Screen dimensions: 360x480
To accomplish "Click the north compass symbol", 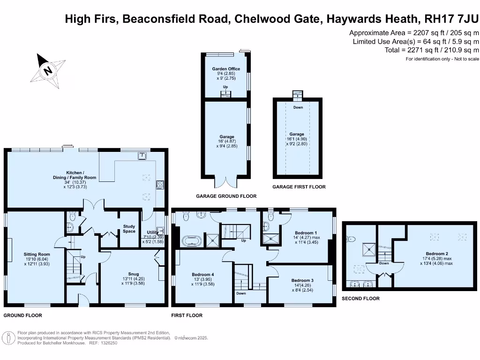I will click(48, 71).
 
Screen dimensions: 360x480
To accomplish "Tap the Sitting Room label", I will click(37, 255).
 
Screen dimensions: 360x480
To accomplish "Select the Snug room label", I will click(134, 274).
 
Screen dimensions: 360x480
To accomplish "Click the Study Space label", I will click(129, 228).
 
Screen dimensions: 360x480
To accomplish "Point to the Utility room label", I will click(152, 232).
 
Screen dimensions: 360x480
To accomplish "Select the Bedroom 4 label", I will click(203, 275).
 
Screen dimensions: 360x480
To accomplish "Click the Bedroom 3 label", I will click(302, 280).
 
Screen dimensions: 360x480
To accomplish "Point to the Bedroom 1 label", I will click(306, 233).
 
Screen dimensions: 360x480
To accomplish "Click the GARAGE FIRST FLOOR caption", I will click(299, 187).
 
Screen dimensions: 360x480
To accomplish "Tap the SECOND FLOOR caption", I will click(360, 298).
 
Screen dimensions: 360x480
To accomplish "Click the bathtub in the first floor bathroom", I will click(192, 242).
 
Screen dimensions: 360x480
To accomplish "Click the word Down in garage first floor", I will click(298, 107).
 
